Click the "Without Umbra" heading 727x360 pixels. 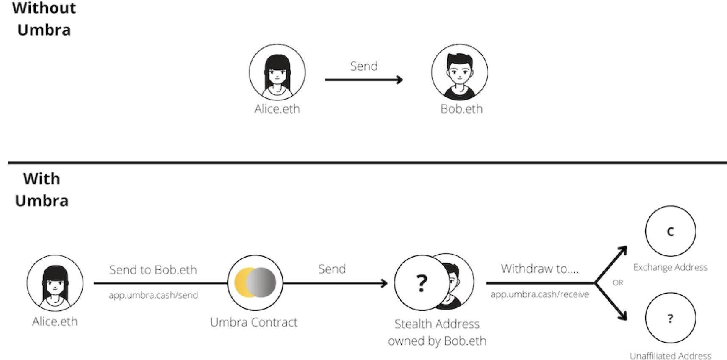[44, 19]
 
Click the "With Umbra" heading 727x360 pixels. [42, 189]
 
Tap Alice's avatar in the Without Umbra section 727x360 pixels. [277, 72]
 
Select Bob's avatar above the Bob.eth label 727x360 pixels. [460, 72]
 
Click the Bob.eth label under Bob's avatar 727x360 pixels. [461, 109]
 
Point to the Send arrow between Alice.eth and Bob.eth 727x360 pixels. [363, 79]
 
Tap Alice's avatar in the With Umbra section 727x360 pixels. [55, 282]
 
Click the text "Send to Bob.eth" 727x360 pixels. [153, 270]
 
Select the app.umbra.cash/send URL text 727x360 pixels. [153, 295]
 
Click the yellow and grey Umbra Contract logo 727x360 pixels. [255, 282]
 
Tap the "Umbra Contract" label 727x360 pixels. [254, 322]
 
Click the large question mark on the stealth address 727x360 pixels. [421, 282]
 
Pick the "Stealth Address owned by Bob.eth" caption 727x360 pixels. [437, 332]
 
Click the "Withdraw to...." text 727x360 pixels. [539, 269]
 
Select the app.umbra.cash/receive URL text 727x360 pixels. [539, 294]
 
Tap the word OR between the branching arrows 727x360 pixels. [618, 282]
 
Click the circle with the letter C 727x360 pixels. [670, 231]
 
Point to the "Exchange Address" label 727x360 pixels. [670, 267]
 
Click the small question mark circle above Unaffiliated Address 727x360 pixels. [670, 318]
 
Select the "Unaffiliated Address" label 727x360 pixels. [670, 356]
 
